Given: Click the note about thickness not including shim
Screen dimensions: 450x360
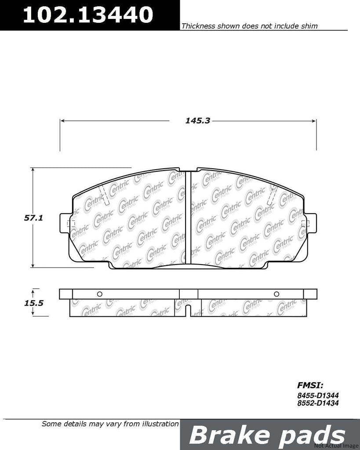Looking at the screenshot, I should [249, 26].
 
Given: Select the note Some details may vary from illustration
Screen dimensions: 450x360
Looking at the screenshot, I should [110, 424].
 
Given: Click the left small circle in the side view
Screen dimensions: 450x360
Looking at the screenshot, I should [99, 294].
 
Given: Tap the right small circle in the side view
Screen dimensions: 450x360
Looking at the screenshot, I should [276, 294].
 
